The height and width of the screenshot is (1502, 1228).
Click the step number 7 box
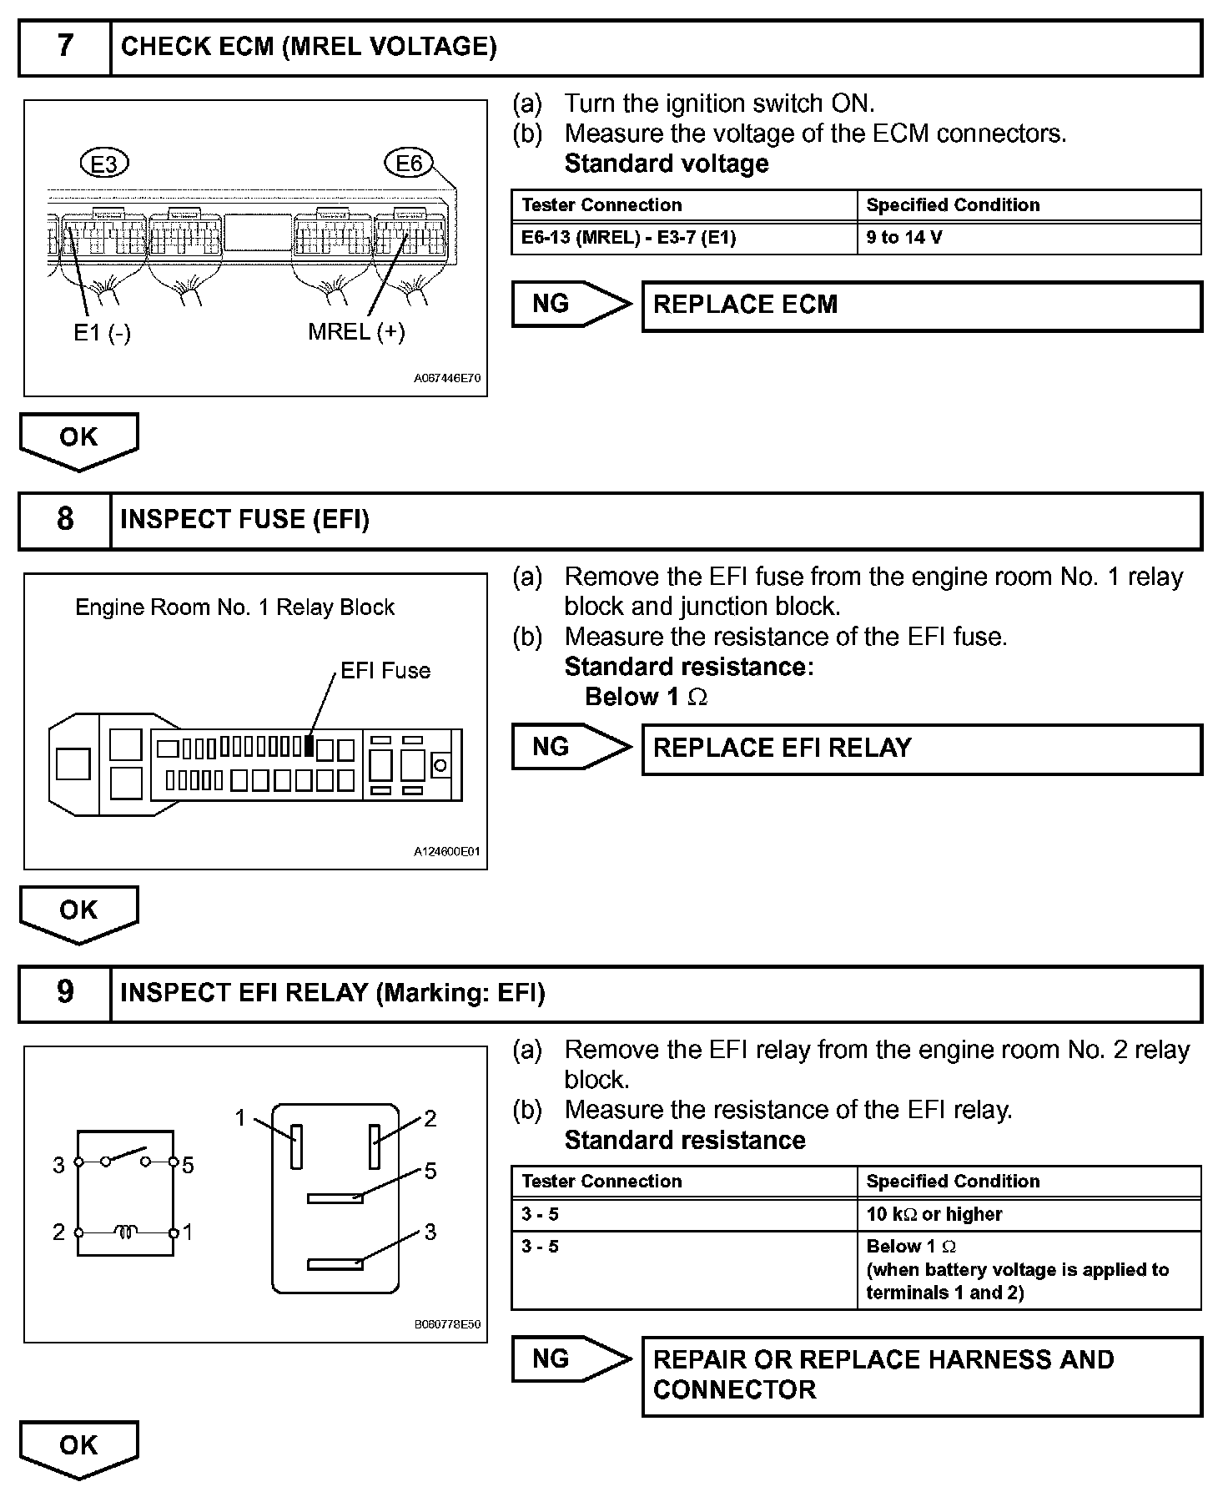pos(64,47)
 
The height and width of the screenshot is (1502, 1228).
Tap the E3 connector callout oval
pos(104,164)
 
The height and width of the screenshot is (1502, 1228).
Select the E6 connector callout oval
pos(409,164)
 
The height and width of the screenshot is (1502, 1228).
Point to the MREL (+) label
pos(356,332)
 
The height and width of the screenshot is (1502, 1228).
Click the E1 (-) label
pos(102,333)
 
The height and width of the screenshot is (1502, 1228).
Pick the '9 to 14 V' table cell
pos(1028,238)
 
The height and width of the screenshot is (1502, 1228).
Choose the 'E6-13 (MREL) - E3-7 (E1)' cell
pos(683,238)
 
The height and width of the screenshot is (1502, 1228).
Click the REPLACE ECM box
pos(921,305)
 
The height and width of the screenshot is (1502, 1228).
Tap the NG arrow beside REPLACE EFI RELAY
pos(571,747)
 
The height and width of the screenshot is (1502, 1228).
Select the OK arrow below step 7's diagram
pos(78,440)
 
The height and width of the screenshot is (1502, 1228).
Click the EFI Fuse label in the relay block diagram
pos(385,671)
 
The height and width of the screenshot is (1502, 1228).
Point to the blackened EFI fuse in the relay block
pos(310,745)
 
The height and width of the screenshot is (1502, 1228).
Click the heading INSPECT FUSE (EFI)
pos(244,520)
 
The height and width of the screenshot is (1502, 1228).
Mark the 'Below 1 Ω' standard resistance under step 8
pos(646,697)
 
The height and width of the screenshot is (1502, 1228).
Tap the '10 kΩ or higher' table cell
pos(1028,1214)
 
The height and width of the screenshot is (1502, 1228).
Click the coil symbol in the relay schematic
pos(126,1232)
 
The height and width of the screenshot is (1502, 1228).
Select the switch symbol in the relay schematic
pos(125,1157)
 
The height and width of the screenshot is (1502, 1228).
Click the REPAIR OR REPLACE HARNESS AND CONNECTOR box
pos(921,1375)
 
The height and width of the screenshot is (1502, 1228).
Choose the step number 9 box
pos(64,993)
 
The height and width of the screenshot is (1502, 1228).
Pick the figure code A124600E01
pos(447,852)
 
